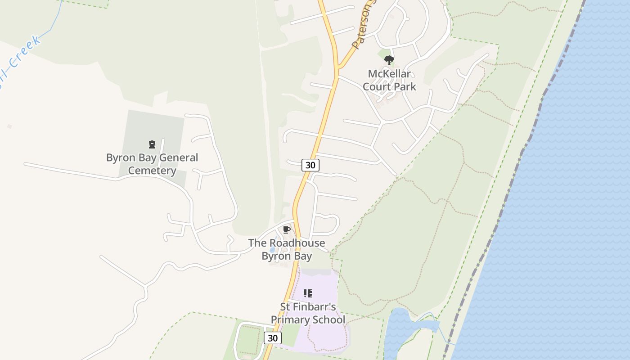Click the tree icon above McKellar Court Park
point(389,60)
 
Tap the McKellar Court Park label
point(389,80)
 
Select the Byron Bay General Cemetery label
point(152,164)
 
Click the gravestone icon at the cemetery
point(152,144)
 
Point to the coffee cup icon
point(286,230)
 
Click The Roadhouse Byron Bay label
point(287,249)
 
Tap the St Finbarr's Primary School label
point(308,313)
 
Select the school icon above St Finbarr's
point(308,293)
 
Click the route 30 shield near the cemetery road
point(310,165)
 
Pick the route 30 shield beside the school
point(272,338)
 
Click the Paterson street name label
point(363,27)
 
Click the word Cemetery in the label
point(152,171)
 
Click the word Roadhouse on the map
point(297,243)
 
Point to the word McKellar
point(389,74)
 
